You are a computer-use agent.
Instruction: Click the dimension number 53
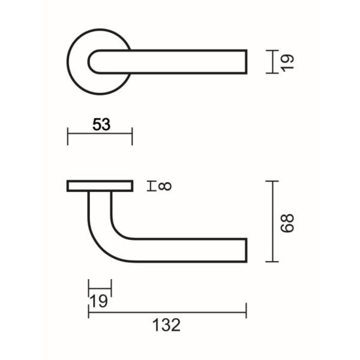pos(101,124)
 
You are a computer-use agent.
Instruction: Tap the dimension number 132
pos(166,325)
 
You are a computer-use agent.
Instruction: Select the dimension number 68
pos(287,223)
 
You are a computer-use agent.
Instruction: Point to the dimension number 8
pos(165,186)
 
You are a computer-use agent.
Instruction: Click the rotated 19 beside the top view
pos(287,63)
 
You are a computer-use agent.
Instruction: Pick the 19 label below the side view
pos(98,301)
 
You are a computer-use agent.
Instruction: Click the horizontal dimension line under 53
pos(100,133)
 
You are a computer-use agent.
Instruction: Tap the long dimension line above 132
pos(167,312)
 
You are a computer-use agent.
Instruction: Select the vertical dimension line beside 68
pos(272,221)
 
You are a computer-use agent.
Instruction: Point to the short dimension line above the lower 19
pos(100,288)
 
